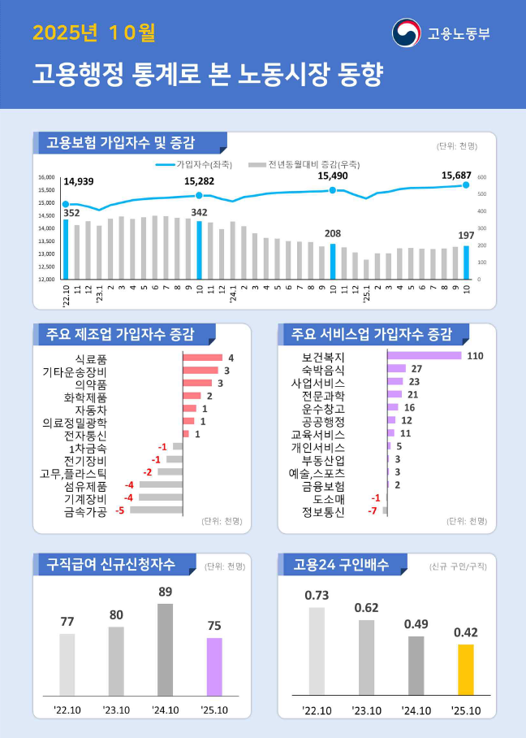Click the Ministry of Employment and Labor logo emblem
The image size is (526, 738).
tap(407, 33)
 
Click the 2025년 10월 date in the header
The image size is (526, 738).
tap(94, 33)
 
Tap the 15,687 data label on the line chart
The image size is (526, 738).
tap(457, 175)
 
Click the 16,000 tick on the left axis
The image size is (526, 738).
tap(46, 177)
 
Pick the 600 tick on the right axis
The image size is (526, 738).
tap(481, 177)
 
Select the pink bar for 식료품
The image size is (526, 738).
tap(202, 358)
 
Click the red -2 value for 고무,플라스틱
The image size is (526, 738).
tap(148, 472)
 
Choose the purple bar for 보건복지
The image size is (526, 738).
tap(424, 356)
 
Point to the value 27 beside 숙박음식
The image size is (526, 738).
tap(416, 369)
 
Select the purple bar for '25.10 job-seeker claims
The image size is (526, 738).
tap(214, 666)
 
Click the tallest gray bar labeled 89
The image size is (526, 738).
tap(165, 649)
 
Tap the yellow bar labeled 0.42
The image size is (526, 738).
tap(465, 670)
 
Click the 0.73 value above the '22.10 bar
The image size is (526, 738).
tap(317, 595)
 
